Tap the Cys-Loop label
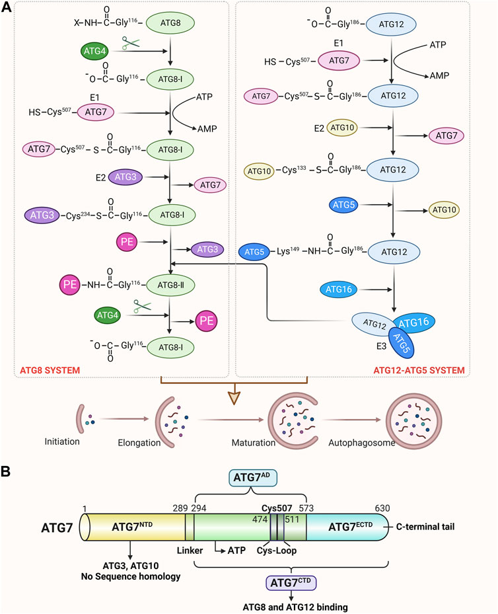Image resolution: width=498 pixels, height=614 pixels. point(277,548)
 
